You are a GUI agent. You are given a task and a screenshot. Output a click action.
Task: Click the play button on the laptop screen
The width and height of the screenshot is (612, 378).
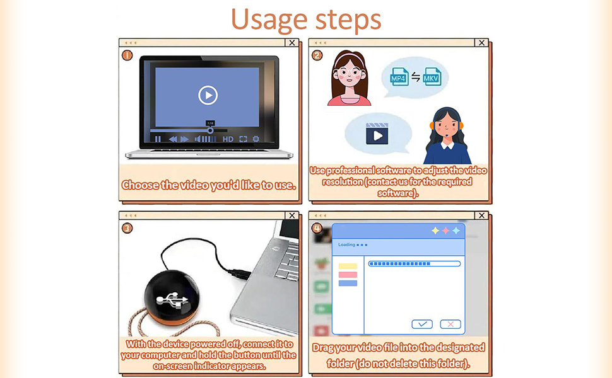click(208, 95)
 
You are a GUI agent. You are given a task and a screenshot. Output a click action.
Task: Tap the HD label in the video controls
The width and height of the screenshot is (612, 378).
click(228, 139)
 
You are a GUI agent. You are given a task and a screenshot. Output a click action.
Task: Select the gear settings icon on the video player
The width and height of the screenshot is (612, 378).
click(256, 139)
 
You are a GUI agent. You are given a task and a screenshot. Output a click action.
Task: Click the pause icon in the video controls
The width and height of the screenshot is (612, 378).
click(158, 139)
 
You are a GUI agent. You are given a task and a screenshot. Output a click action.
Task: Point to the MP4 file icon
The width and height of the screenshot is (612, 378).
click(399, 77)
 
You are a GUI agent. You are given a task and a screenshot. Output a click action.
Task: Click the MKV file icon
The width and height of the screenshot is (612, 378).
click(432, 77)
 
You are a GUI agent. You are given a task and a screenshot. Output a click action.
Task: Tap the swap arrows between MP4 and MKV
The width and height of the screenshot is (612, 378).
click(416, 77)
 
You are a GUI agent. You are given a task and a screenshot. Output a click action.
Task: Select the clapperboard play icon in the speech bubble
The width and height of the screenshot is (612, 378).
click(377, 134)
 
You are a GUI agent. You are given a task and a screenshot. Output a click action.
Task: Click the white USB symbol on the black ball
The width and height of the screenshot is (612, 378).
click(172, 300)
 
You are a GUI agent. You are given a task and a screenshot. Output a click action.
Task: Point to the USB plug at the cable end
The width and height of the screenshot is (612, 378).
click(239, 273)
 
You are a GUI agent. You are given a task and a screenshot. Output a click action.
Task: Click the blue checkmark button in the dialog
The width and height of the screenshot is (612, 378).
click(422, 324)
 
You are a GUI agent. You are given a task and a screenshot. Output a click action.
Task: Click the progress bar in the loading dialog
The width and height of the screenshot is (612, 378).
click(414, 264)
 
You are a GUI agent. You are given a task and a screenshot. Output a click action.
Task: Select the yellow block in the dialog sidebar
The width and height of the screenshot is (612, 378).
click(348, 266)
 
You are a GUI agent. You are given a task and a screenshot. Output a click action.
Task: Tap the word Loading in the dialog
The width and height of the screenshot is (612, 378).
click(346, 244)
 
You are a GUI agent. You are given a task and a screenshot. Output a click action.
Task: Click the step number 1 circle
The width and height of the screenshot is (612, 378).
click(127, 55)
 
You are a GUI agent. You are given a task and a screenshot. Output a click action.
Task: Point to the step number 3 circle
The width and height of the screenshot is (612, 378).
click(127, 228)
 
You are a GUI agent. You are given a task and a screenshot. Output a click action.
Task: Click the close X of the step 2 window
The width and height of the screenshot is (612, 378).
click(481, 42)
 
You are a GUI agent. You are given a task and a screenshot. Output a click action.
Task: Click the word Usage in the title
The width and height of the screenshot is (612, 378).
click(269, 20)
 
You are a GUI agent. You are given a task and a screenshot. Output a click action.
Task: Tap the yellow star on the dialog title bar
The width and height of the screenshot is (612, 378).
click(435, 231)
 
